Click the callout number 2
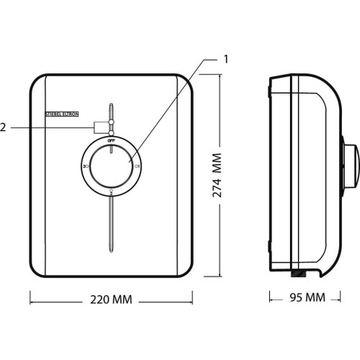click(x=4, y=127)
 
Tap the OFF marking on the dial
click(x=111, y=142)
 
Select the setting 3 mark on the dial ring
click(x=86, y=166)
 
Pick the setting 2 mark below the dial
click(x=111, y=192)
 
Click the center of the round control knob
click(x=111, y=166)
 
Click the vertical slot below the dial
click(x=111, y=227)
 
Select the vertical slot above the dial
click(x=111, y=112)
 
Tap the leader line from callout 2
click(x=50, y=127)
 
